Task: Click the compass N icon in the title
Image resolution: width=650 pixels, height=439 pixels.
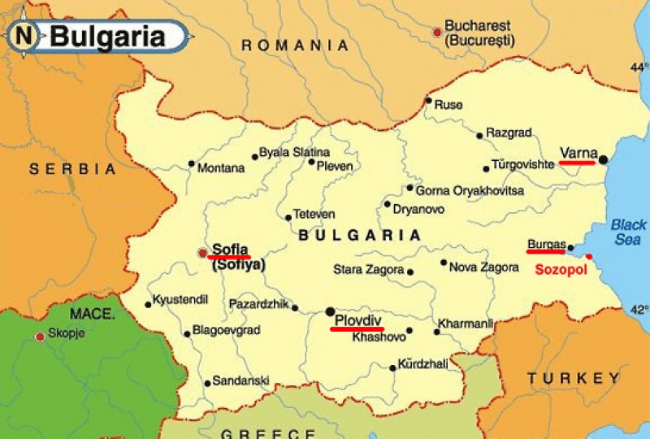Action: pos(25,36)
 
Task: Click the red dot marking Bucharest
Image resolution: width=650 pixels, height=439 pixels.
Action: pos(437,33)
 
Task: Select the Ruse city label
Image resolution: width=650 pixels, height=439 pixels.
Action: pos(448,105)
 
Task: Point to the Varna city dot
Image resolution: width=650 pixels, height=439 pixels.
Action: pos(603,160)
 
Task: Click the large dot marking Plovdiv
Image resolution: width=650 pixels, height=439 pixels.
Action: pos(330,311)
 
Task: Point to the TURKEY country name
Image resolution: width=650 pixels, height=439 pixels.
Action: pos(573,379)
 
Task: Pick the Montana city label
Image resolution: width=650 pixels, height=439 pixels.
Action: pos(221,168)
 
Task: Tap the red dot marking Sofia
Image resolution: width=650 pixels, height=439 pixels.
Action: pos(202,253)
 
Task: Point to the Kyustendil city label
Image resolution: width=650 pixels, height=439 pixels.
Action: pos(181,298)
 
